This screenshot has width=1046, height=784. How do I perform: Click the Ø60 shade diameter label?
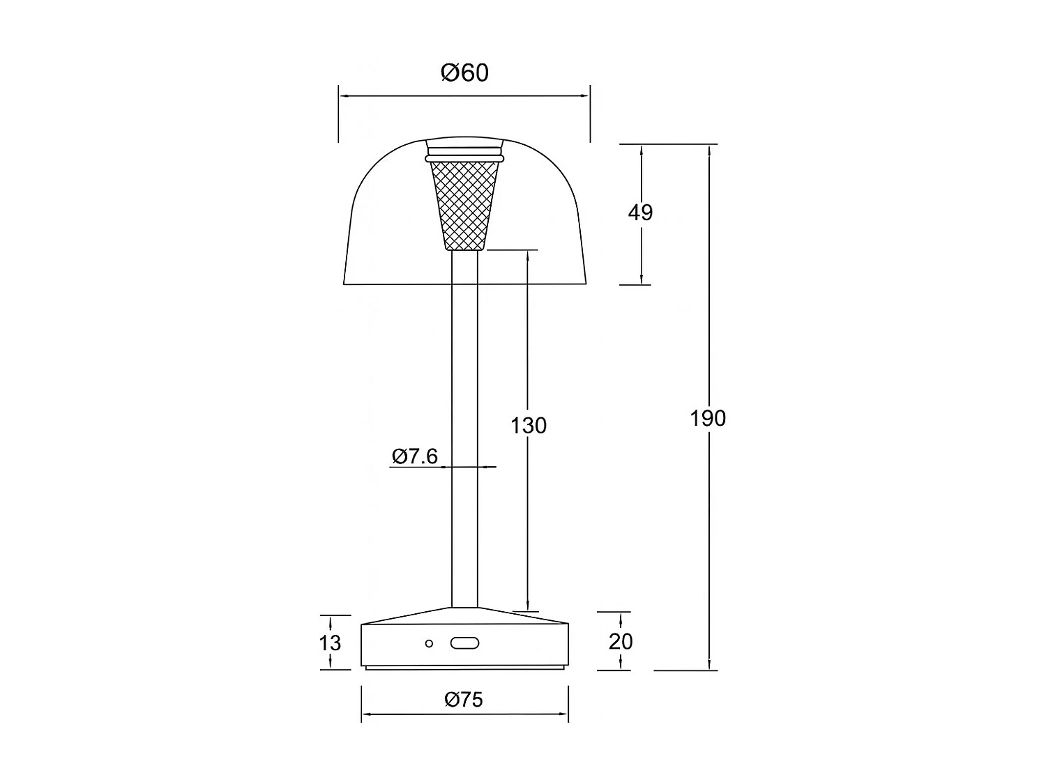[x=464, y=72]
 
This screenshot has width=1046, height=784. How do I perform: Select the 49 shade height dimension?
[x=640, y=212]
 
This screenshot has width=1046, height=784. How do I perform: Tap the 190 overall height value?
[x=708, y=418]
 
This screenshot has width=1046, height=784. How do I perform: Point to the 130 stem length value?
[x=529, y=425]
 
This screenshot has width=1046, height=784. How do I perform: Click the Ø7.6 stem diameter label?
[x=415, y=456]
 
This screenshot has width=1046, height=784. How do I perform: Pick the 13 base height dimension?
[x=330, y=642]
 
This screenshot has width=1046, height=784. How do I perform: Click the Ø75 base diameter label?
[x=464, y=700]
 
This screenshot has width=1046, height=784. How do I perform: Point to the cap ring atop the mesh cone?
[x=464, y=151]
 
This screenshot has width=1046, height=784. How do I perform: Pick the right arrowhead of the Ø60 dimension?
[x=584, y=96]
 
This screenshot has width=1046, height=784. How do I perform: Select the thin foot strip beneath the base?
[x=464, y=668]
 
